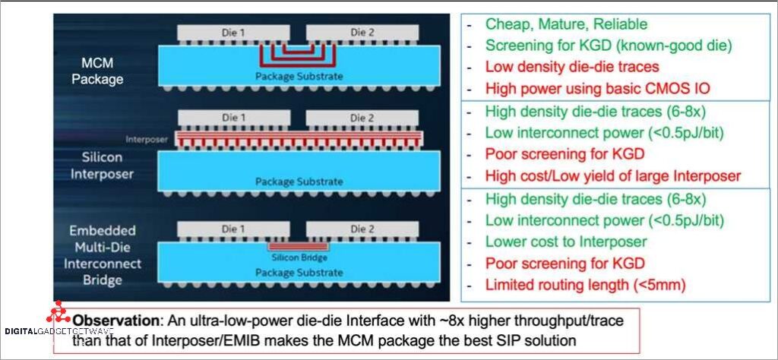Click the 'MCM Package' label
[97, 70]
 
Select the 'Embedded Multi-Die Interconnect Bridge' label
[103, 255]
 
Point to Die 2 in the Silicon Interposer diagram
[362, 118]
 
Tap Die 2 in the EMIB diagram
[362, 229]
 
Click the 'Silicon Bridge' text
[299, 257]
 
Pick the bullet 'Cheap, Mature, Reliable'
[566, 24]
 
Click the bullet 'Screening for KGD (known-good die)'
[608, 46]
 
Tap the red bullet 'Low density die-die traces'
[572, 67]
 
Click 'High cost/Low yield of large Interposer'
[612, 176]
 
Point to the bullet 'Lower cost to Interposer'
[566, 242]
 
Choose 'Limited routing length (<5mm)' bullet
[585, 286]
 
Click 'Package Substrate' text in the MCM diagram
[299, 76]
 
